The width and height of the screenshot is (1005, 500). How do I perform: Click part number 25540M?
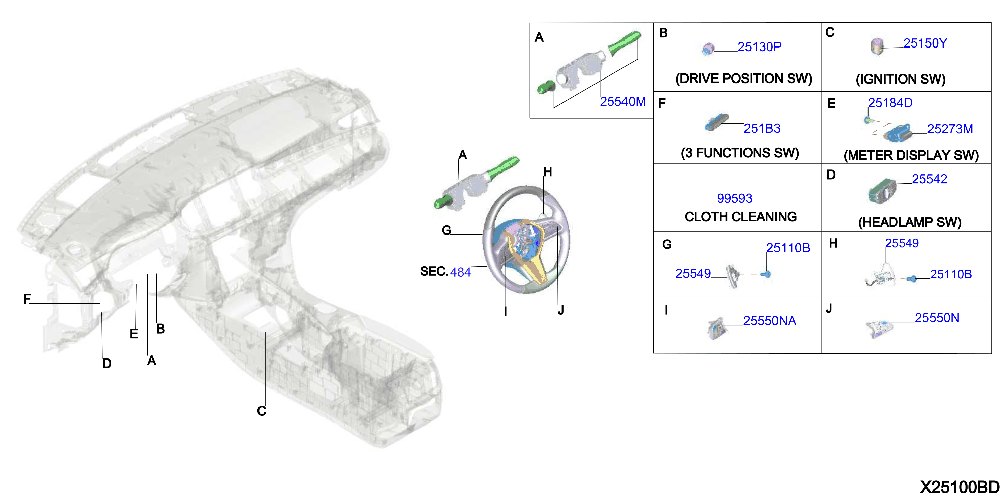point(623,101)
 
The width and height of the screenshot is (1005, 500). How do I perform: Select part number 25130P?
point(759,47)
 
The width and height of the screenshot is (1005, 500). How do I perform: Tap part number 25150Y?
point(925,43)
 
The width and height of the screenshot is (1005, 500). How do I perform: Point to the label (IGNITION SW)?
point(901,79)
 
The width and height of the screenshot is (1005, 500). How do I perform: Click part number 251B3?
point(762,128)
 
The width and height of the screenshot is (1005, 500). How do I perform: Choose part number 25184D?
point(890,103)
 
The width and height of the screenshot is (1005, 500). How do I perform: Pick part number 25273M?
point(950,129)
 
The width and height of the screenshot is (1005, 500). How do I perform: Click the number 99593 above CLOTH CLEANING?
point(734,198)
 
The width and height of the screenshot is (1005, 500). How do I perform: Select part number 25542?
point(929,179)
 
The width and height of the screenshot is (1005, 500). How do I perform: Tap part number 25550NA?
point(769,321)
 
